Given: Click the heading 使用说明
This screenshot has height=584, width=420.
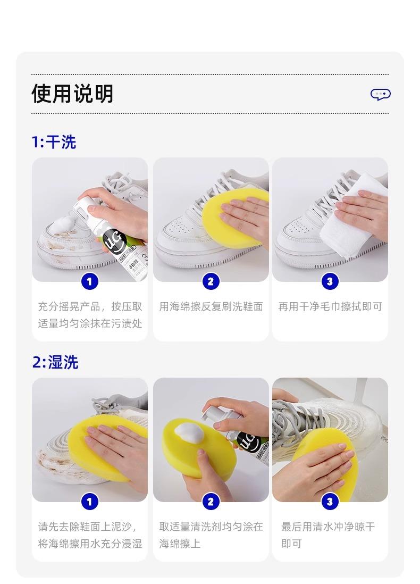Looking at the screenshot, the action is [x=72, y=94].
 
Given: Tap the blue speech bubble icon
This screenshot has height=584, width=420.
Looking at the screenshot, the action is [x=380, y=94].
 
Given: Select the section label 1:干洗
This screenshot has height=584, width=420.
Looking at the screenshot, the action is [x=54, y=142].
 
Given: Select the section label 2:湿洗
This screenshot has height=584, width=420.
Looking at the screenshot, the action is [x=55, y=362].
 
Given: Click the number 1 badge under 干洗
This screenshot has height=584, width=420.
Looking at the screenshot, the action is [x=89, y=281].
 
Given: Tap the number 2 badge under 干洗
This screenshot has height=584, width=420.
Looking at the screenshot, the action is [x=211, y=281].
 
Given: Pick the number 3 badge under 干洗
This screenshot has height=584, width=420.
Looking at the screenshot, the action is [x=330, y=281].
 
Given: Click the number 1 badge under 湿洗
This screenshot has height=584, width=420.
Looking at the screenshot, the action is [x=89, y=502].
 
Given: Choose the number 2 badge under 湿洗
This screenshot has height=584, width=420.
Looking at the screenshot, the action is [x=211, y=502].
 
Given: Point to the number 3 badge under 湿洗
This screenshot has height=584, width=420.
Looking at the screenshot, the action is [x=330, y=502].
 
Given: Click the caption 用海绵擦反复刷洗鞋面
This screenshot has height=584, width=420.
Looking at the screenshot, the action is [x=211, y=306].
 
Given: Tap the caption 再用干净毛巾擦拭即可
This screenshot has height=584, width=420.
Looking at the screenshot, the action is [x=330, y=306].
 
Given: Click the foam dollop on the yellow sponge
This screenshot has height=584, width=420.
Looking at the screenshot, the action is [x=189, y=433].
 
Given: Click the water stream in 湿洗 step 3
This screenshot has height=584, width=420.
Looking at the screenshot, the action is [x=360, y=394].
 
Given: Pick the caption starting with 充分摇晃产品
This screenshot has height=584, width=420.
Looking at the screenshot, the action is [x=90, y=315].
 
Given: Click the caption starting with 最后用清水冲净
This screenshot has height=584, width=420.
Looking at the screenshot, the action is [x=327, y=535].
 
